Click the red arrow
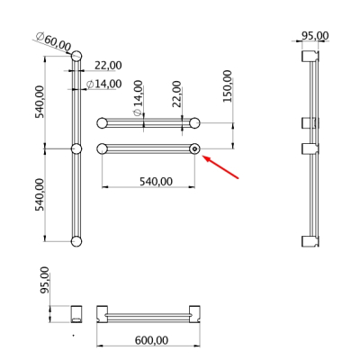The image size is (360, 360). click(x=221, y=166)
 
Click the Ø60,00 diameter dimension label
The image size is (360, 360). click(x=53, y=41)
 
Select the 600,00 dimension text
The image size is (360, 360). click(x=151, y=340)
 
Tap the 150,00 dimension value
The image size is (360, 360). click(x=228, y=86)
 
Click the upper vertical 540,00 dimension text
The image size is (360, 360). click(x=40, y=102)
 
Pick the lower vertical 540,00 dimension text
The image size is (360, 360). click(x=40, y=194)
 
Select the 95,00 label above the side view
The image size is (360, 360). click(x=315, y=36)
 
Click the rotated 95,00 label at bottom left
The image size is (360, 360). click(x=45, y=280)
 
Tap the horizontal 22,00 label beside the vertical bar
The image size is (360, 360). click(x=108, y=65)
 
